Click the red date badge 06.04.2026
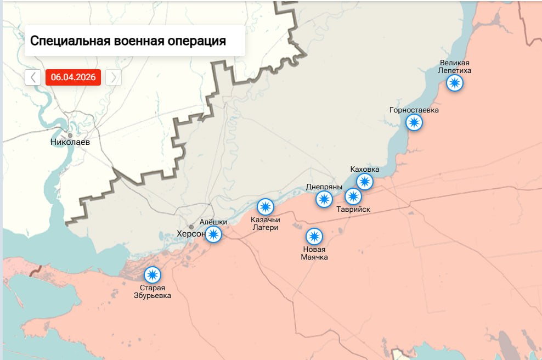(x=73, y=77)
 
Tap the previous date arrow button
(x=33, y=77)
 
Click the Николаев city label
(x=70, y=142)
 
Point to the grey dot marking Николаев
(x=70, y=135)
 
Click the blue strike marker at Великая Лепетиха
(x=454, y=83)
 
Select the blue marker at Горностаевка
(x=414, y=122)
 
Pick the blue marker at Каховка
(x=365, y=181)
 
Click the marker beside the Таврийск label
(x=353, y=196)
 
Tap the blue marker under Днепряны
(x=324, y=199)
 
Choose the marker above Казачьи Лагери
(x=266, y=207)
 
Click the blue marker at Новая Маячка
(x=314, y=237)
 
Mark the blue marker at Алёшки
(x=213, y=235)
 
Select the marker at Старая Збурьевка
(x=152, y=274)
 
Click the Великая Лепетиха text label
(x=455, y=67)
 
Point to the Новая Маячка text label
(x=314, y=253)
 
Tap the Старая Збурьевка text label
(x=153, y=291)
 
